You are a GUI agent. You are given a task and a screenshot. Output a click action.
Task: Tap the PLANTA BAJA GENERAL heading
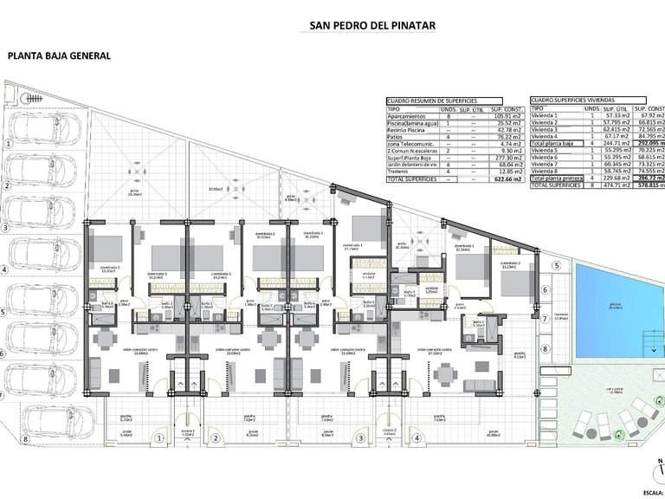[x=59, y=55]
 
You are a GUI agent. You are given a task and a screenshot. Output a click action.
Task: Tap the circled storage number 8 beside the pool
[x=546, y=349]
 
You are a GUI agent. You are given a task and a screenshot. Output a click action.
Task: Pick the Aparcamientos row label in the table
[x=405, y=116]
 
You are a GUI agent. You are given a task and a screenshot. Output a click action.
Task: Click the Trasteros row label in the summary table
[x=399, y=171]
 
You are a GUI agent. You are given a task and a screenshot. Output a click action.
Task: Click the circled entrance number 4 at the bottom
[x=420, y=439]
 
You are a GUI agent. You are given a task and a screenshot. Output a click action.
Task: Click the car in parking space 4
[x=43, y=260]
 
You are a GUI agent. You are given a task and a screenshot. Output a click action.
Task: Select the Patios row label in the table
[x=396, y=136]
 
